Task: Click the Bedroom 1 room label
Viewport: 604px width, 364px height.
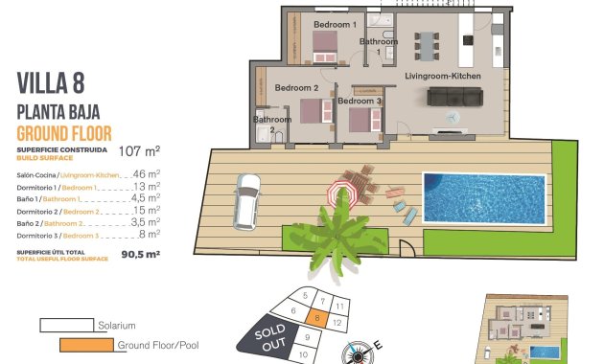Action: pyautogui.click(x=336, y=24)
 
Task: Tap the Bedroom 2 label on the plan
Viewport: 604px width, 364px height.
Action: pyautogui.click(x=295, y=88)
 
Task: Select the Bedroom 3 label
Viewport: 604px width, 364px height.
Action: pyautogui.click(x=360, y=101)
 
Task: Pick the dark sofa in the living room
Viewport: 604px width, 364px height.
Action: pyautogui.click(x=453, y=96)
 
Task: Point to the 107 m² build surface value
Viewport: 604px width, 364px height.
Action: pyautogui.click(x=139, y=150)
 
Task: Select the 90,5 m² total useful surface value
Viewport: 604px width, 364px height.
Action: pyautogui.click(x=138, y=254)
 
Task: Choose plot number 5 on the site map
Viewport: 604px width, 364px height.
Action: pyautogui.click(x=304, y=296)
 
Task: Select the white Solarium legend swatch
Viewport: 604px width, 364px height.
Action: pyautogui.click(x=66, y=325)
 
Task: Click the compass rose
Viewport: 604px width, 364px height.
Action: pyautogui.click(x=360, y=353)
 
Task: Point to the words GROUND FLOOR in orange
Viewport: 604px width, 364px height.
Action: pyautogui.click(x=64, y=132)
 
